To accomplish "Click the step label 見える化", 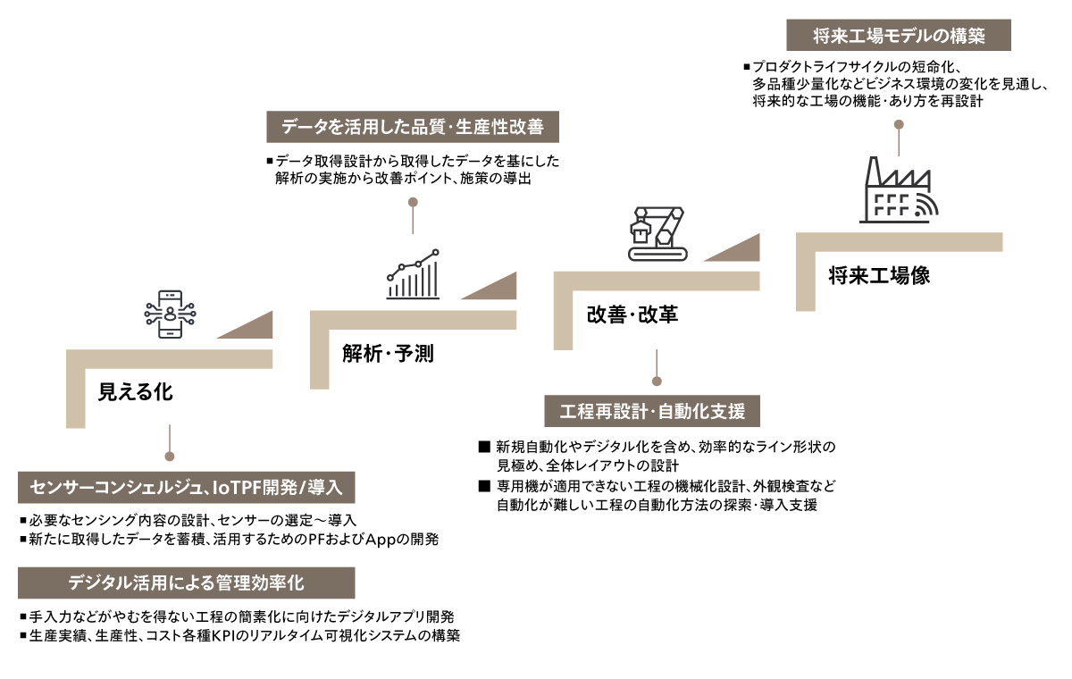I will coord(135,392).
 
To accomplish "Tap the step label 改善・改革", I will coord(632,314).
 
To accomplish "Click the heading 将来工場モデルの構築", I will coord(899,37).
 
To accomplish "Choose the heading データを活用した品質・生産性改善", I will coord(413,127).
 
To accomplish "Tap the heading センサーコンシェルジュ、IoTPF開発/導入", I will coord(187,487).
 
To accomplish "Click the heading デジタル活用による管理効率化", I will coord(187,583).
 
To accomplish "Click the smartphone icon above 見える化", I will coord(168,314).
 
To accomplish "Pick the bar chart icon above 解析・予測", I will coord(413,273).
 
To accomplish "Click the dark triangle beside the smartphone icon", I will coord(249,327).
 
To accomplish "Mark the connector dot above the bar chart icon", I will coord(412,203).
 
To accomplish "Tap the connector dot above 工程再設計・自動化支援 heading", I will coord(657,381).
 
